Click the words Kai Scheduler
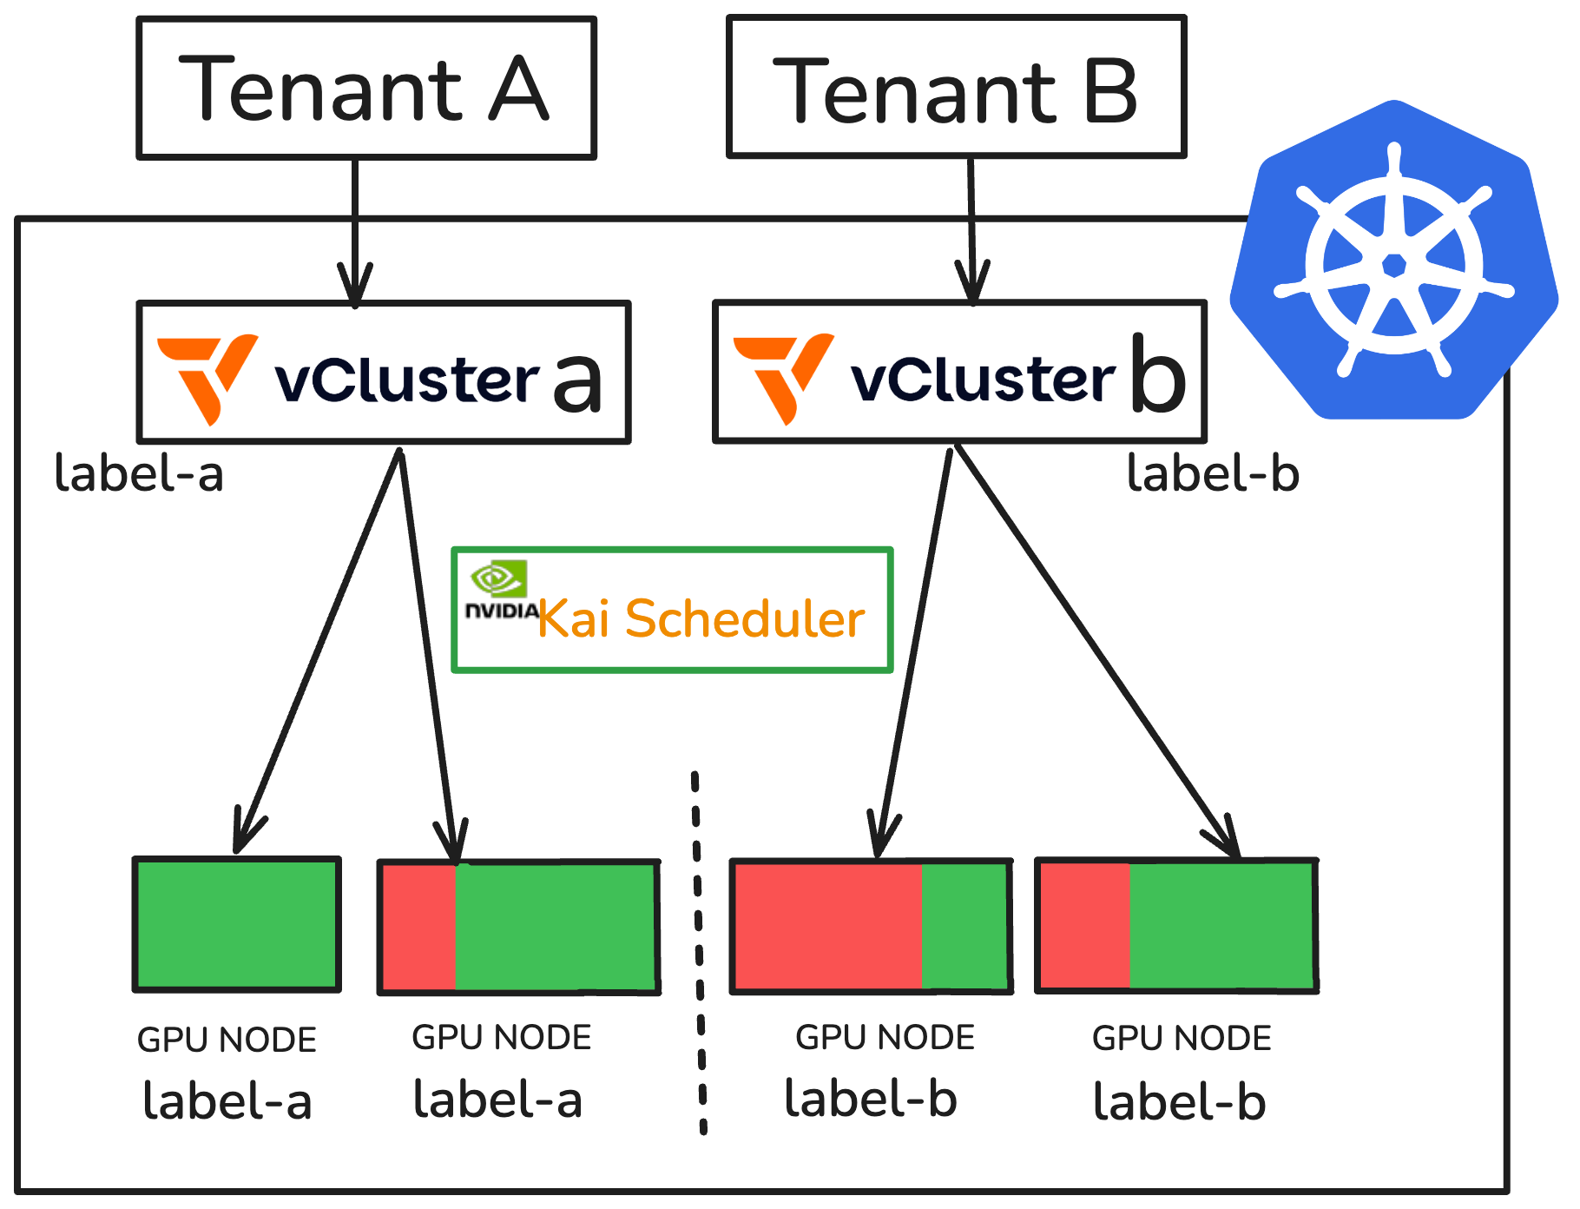coord(701,619)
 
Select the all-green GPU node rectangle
coord(236,924)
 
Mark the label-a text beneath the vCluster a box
coord(139,474)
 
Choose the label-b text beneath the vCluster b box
coord(1213,474)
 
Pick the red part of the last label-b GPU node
coord(1085,926)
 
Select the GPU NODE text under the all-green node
coord(227,1040)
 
